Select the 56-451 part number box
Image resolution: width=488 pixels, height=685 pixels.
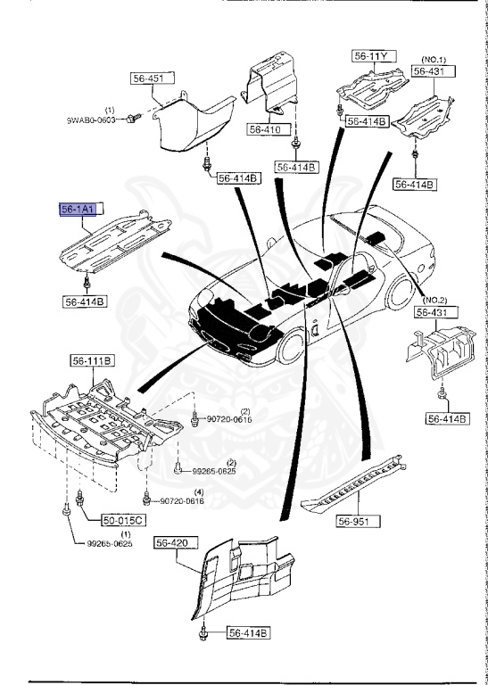(148, 78)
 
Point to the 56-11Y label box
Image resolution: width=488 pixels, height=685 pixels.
(371, 56)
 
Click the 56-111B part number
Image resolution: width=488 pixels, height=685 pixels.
(92, 361)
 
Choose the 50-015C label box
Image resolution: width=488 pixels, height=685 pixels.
(104, 519)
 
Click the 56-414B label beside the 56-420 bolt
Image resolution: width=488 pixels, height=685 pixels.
(247, 634)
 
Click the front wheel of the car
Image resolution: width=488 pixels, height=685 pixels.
(292, 348)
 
